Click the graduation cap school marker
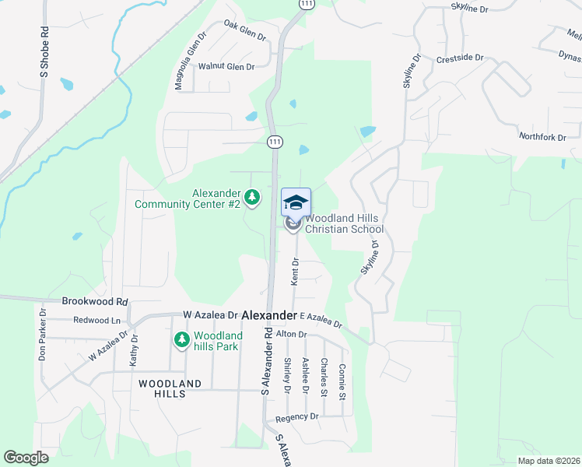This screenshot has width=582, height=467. [x=296, y=202]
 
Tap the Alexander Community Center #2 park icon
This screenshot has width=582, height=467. [x=251, y=198]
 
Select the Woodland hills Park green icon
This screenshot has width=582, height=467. [x=182, y=339]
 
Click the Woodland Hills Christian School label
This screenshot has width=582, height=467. [x=344, y=224]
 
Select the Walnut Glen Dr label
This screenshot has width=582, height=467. [x=226, y=67]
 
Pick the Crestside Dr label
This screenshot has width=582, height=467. [x=460, y=58]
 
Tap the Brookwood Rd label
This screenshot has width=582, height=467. [x=94, y=301]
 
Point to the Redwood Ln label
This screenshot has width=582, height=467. [x=97, y=321]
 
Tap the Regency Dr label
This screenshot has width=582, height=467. [x=303, y=417]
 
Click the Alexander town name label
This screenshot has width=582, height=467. [x=269, y=315]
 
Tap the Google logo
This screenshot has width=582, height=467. [x=26, y=458]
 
